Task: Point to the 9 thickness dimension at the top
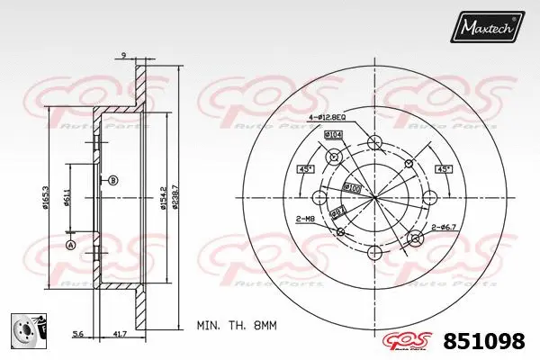(x=122, y=57)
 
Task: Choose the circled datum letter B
(x=113, y=182)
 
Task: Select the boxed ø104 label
(x=333, y=135)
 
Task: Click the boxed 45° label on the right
(x=444, y=169)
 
